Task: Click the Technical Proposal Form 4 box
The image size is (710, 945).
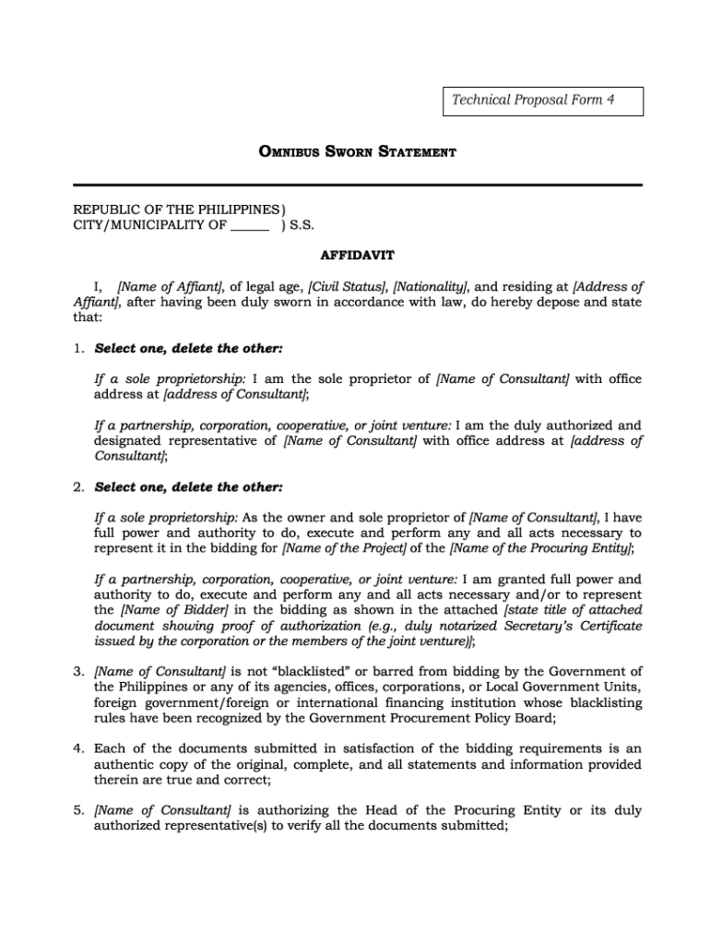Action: click(x=543, y=101)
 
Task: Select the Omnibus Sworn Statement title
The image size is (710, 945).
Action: click(x=355, y=151)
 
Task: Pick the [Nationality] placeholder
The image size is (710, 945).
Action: click(x=431, y=286)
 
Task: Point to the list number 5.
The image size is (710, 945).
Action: click(x=80, y=810)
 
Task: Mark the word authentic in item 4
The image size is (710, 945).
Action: click(x=124, y=764)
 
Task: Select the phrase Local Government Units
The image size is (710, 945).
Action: click(x=566, y=687)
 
